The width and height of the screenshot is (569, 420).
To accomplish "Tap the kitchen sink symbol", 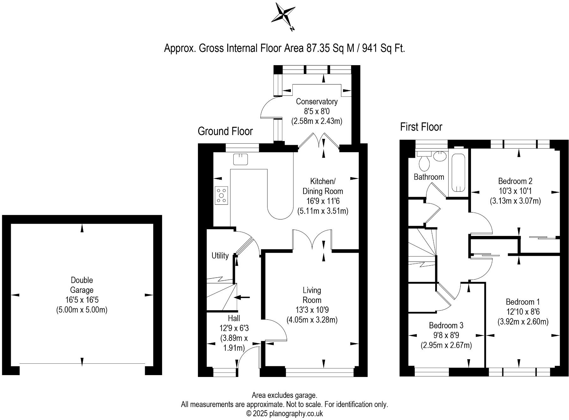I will (240, 159).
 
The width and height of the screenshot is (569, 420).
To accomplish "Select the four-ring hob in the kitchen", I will (221, 195).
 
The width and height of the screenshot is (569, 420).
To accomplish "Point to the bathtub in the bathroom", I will (458, 173).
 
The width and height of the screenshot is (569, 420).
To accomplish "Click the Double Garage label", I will (82, 285).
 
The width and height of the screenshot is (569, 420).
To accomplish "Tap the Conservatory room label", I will (316, 102).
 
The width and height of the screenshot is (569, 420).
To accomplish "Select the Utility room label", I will (220, 255).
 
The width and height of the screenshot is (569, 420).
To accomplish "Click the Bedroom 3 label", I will (446, 325).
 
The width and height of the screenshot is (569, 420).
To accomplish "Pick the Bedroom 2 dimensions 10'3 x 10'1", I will (515, 191).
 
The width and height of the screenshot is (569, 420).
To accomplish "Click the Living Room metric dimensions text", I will (312, 320).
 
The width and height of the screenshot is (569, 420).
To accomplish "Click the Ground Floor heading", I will (225, 131).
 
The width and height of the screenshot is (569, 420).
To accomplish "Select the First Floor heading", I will (421, 127).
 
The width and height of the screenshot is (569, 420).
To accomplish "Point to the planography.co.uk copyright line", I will (284, 413).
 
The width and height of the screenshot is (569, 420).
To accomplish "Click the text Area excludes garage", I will (284, 395).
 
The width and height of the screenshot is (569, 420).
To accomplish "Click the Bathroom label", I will (429, 177).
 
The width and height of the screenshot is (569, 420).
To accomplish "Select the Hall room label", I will (234, 318).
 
